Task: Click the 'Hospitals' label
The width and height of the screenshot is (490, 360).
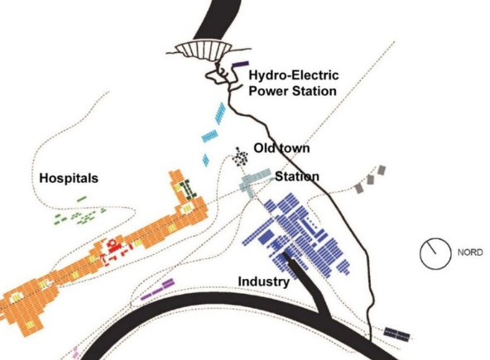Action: pos(69,178)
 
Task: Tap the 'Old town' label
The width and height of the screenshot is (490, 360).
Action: pos(281,148)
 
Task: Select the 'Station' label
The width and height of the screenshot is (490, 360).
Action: pos(297,176)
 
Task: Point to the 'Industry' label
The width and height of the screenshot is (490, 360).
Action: pos(264,281)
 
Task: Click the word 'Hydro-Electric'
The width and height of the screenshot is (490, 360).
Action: pos(294,75)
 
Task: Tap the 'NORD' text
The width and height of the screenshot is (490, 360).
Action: pos(470,252)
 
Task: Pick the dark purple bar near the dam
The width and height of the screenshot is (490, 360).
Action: pos(240,64)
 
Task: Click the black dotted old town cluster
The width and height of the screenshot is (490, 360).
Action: pos(240,156)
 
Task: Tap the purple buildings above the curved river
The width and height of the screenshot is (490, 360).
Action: pos(157,290)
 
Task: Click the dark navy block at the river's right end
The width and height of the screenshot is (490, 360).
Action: pos(396,334)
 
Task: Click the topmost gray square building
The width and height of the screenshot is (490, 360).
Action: pos(382,170)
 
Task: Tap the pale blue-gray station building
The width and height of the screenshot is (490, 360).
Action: pos(254,181)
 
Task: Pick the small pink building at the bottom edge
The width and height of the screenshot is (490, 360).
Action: pos(74,353)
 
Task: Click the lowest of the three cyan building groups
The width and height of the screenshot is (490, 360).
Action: pos(205,160)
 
